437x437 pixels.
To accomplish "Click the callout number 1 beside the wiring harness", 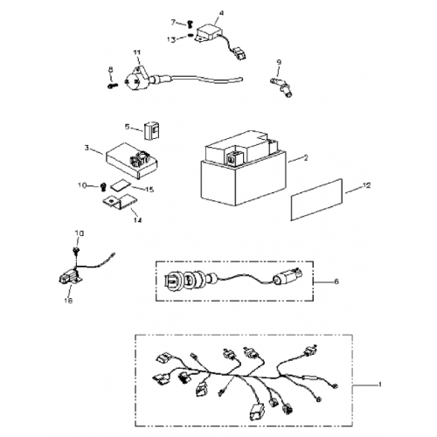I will (x=378, y=385).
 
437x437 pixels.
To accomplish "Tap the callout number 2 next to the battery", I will (x=306, y=159).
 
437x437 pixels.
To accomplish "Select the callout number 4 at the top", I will (x=220, y=13).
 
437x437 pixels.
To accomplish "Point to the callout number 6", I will (x=338, y=282).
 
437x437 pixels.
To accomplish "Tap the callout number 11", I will (x=135, y=54).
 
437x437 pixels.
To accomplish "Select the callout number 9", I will (x=278, y=60).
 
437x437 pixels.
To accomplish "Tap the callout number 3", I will (x=87, y=149).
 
